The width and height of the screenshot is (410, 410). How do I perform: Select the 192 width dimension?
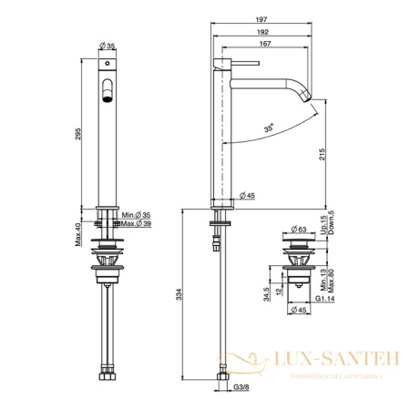pos(262,31)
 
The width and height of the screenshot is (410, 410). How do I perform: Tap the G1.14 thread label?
pos(324,297)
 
